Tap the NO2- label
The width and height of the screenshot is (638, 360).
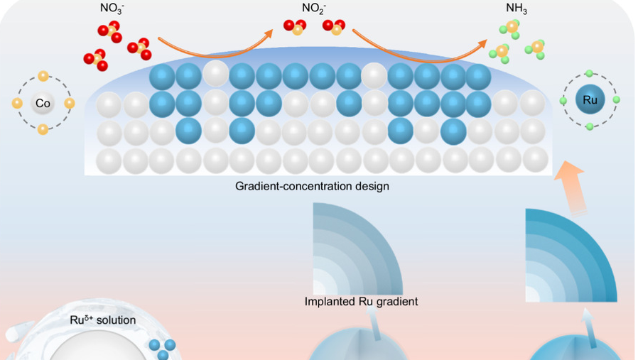pyautogui.click(x=313, y=10)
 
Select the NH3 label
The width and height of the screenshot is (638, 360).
pyautogui.click(x=516, y=10)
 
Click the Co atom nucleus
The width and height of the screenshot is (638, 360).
pyautogui.click(x=43, y=104)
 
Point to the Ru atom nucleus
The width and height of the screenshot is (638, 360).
pyautogui.click(x=590, y=100)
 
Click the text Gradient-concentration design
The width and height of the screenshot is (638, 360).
pyautogui.click(x=313, y=187)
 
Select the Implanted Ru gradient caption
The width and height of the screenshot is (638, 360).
pyautogui.click(x=361, y=301)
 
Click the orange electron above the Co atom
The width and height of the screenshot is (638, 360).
pyautogui.click(x=43, y=76)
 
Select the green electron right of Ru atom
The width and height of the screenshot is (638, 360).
pyautogui.click(x=617, y=100)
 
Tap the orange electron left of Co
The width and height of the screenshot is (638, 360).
pyautogui.click(x=17, y=104)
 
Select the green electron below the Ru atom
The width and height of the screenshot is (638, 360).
pyautogui.click(x=590, y=126)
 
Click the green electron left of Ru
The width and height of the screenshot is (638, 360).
pyautogui.click(x=563, y=100)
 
